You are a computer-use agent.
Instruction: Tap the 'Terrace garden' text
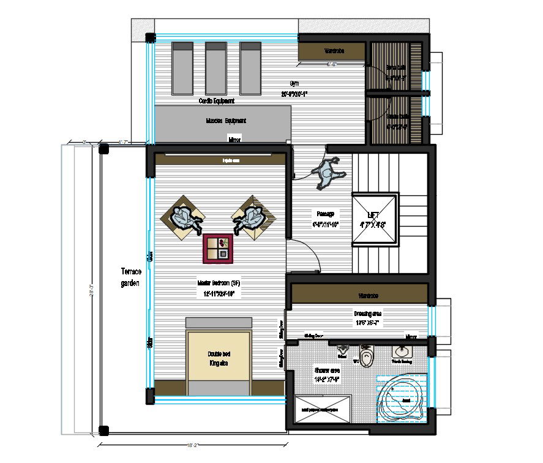130,277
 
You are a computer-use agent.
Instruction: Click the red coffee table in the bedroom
219,249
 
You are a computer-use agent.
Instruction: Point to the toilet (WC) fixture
366,356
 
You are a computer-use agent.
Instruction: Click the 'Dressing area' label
367,317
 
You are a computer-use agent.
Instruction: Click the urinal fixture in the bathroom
342,352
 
